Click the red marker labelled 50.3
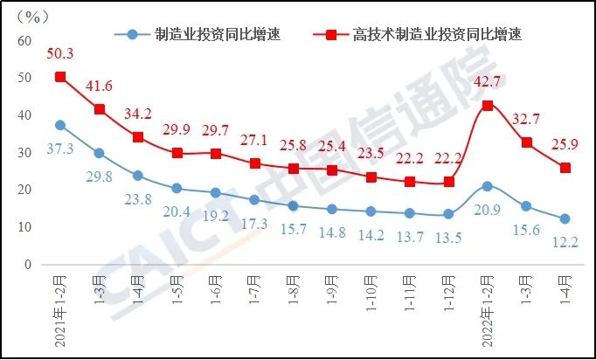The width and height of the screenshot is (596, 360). click(x=60, y=77)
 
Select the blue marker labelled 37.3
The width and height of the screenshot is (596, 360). click(x=60, y=125)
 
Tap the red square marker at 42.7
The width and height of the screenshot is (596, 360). click(x=488, y=105)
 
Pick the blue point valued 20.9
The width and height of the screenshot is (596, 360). click(x=488, y=186)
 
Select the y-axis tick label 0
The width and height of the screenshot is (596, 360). click(x=28, y=264)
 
